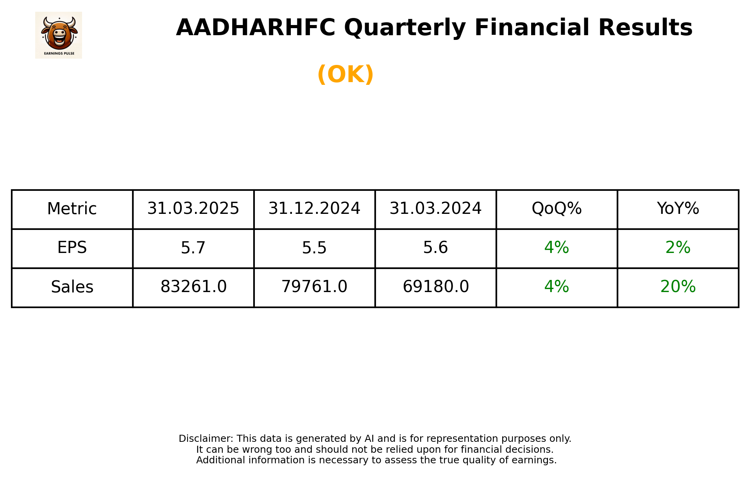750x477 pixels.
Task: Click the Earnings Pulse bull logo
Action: [59, 35]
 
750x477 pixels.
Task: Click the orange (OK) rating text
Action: [345, 74]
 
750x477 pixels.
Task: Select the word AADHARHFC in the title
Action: [256, 28]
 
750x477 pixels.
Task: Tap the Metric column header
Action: [72, 209]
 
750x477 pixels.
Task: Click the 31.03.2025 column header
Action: [193, 209]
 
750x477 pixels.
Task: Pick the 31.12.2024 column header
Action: [314, 209]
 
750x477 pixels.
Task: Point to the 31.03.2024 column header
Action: [435, 209]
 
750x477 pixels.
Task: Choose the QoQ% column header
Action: [557, 209]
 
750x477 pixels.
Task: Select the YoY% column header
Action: [678, 209]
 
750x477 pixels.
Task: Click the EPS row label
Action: [72, 248]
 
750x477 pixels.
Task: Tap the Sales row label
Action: [72, 287]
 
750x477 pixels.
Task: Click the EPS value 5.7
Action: [193, 248]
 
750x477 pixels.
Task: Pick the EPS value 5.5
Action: [314, 248]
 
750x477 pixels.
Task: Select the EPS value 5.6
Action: [435, 248]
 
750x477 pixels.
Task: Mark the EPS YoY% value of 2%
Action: [678, 248]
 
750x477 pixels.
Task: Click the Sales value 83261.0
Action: [193, 287]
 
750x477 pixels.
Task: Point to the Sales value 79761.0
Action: [314, 287]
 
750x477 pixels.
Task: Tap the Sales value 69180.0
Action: [435, 287]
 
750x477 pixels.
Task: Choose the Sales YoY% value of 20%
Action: [678, 287]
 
